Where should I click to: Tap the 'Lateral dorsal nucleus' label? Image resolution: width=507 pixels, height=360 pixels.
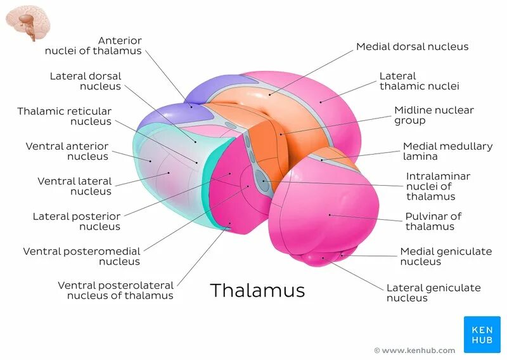click(x=86, y=81)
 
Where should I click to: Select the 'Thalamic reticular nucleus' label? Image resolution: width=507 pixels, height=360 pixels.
click(x=65, y=116)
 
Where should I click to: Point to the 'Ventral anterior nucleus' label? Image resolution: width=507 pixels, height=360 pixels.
click(x=67, y=151)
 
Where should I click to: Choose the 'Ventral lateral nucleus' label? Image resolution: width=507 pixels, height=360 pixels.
click(x=74, y=186)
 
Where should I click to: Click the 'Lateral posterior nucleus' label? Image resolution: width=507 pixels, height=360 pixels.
click(x=77, y=221)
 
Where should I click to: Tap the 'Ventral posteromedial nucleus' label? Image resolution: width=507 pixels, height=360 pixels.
click(x=82, y=256)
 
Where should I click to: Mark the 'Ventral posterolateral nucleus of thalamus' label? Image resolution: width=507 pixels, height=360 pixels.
click(x=115, y=290)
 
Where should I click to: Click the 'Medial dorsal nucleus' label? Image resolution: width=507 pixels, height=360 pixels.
click(x=412, y=46)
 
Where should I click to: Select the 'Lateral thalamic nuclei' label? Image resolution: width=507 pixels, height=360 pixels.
click(x=419, y=81)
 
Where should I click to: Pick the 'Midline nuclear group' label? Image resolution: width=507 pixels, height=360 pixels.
click(x=433, y=115)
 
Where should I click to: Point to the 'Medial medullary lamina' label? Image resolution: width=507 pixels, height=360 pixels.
click(x=447, y=151)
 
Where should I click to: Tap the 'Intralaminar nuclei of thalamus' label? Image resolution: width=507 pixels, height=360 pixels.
click(x=438, y=186)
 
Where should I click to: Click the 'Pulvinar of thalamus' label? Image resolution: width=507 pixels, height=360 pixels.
click(x=433, y=221)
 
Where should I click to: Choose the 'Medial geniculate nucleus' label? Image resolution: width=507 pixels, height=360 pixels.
click(x=446, y=256)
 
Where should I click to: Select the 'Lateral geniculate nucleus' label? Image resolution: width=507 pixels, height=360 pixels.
click(x=433, y=292)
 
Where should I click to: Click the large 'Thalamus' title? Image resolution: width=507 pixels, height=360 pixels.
click(x=257, y=290)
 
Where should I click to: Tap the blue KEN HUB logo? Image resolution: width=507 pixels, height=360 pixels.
click(x=482, y=334)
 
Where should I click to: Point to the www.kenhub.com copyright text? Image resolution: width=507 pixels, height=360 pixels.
click(x=414, y=350)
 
